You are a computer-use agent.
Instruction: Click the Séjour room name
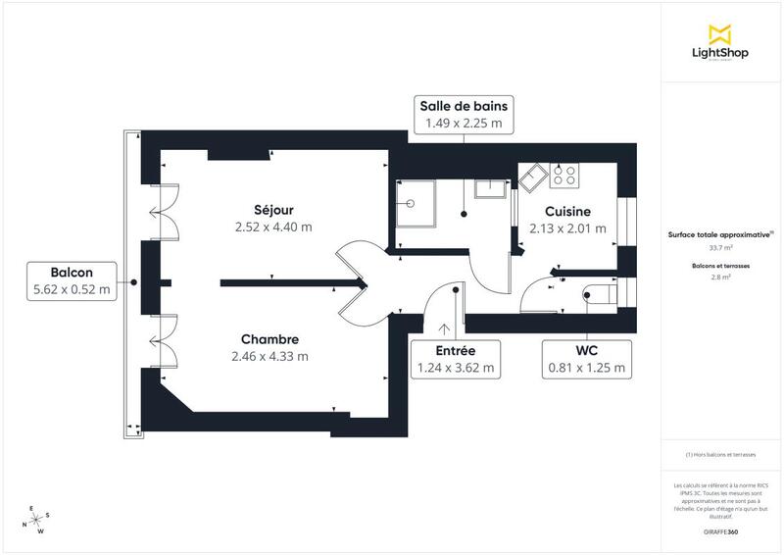coord(272,209)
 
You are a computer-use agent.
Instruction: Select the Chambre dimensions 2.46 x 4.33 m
coord(271,356)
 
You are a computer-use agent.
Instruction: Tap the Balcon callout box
coord(73,280)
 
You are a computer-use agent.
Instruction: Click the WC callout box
coord(587,360)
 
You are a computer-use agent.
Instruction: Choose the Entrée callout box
coord(455,360)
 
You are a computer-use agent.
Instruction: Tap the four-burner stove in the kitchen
coord(564,176)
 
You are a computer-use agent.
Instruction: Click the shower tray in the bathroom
coord(414,204)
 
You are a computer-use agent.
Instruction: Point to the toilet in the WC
coord(597,293)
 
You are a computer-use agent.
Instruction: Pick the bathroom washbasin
coord(488,188)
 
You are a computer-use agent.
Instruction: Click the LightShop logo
coord(721,43)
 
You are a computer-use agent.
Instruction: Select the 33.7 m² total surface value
coord(721,248)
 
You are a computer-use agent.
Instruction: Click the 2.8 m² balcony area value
coord(721,277)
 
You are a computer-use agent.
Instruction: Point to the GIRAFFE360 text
coord(720,531)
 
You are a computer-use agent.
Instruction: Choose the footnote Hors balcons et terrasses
coord(721,455)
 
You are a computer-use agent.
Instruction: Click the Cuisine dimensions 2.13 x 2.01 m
coord(567,228)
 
